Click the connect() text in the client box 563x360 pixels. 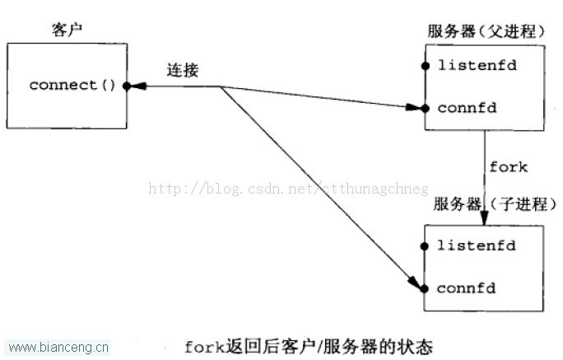[72, 85]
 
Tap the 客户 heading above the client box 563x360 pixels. [67, 30]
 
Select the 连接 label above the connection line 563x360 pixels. [183, 70]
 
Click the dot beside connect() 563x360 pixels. [127, 86]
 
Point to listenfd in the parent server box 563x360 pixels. [477, 65]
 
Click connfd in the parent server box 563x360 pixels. [468, 108]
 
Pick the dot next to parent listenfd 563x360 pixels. [426, 66]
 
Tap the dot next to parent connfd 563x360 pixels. [426, 108]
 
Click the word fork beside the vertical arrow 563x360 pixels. [509, 167]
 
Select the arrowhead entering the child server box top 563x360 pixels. [484, 218]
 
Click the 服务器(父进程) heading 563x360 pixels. [486, 31]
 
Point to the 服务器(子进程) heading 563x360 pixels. [495, 204]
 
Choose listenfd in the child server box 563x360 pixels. [476, 245]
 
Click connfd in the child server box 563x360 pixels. [466, 288]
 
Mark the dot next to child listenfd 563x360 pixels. [425, 246]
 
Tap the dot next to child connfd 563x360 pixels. [425, 288]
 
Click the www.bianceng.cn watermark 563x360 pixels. [58, 348]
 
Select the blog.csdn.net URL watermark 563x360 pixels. [288, 189]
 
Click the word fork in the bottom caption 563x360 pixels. [204, 347]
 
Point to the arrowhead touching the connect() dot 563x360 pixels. [138, 86]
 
